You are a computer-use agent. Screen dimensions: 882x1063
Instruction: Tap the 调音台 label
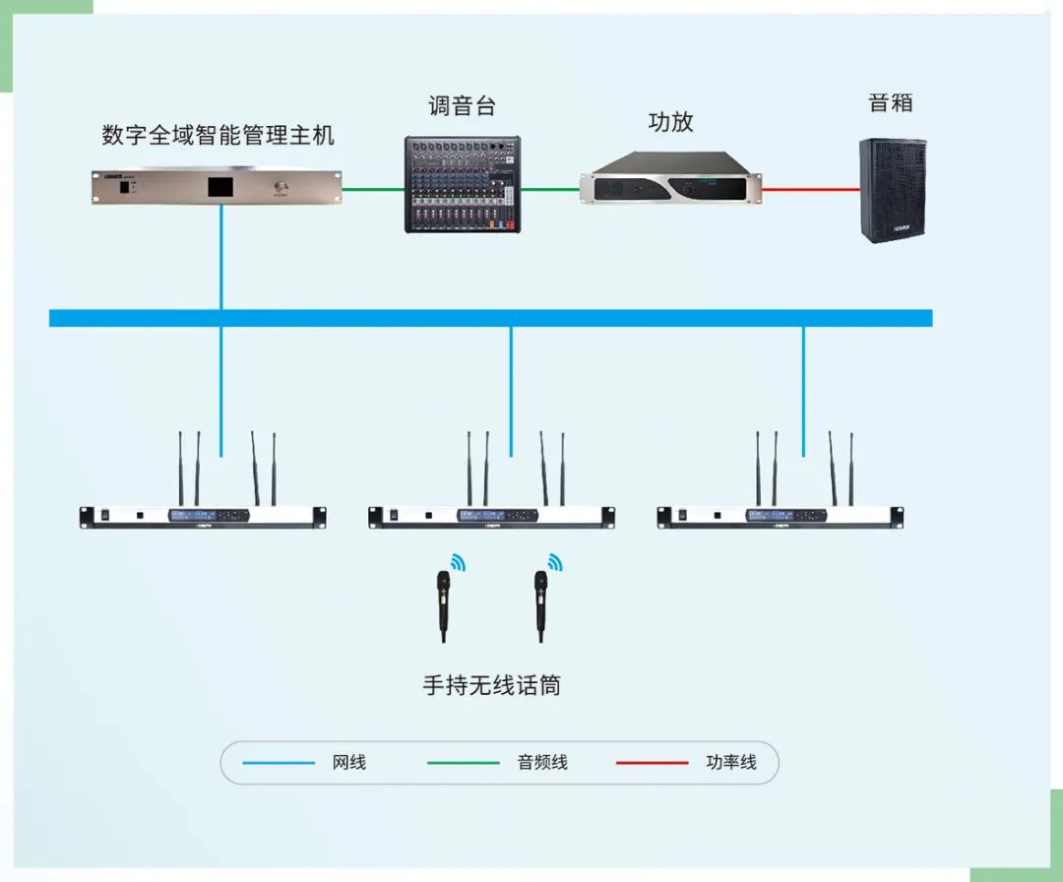(462, 105)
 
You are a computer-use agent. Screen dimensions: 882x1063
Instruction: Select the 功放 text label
(670, 122)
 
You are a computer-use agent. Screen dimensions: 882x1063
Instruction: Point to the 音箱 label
(892, 102)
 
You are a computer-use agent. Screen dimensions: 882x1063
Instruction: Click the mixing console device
(463, 185)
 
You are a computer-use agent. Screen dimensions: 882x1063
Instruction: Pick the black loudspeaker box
(893, 190)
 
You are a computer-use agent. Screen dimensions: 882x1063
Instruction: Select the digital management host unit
(217, 187)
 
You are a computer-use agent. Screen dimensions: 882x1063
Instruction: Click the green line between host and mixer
(373, 189)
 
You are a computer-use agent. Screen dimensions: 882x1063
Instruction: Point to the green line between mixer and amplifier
(550, 189)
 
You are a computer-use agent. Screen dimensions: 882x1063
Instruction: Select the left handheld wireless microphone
(444, 606)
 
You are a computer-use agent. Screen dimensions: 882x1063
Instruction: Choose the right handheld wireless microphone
(540, 606)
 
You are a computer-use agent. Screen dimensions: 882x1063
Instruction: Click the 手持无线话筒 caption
(491, 685)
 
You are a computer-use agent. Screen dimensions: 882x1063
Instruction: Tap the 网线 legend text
(348, 762)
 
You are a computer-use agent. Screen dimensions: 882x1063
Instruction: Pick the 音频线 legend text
(542, 762)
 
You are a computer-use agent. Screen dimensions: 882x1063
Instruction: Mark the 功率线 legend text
(731, 762)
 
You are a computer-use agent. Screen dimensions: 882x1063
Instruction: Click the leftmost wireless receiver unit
(203, 516)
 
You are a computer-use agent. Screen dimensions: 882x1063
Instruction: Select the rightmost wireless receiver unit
(780, 516)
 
